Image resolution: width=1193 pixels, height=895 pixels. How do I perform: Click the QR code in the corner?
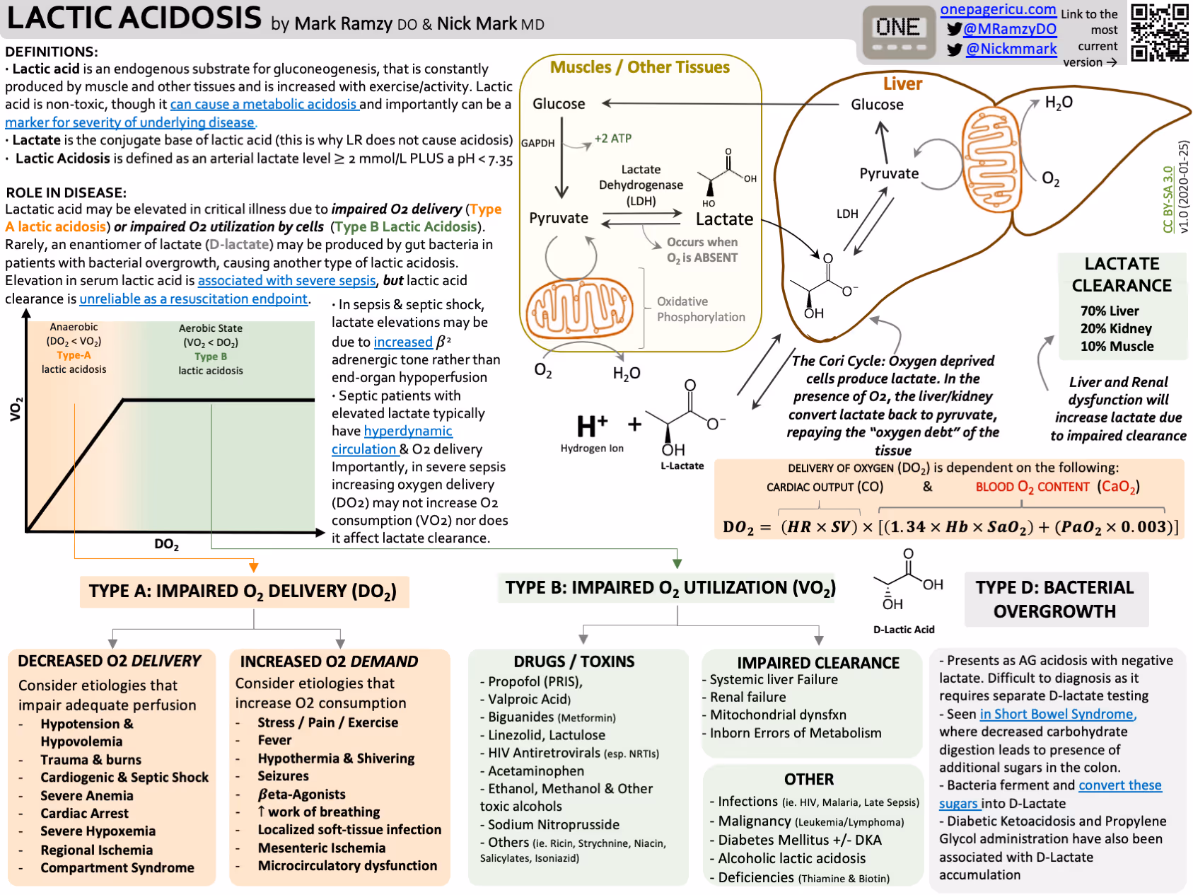(x=1160, y=32)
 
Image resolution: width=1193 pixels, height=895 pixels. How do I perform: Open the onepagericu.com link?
(x=998, y=10)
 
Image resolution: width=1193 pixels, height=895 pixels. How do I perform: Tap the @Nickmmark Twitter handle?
(x=1011, y=49)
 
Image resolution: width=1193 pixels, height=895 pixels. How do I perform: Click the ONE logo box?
(x=898, y=32)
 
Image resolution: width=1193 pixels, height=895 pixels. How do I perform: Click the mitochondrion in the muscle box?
(x=579, y=309)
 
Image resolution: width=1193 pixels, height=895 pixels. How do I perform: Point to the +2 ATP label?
(x=612, y=139)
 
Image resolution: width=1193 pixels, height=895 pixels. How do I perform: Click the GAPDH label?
(x=537, y=143)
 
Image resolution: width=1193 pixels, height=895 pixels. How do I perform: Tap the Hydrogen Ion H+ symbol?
(x=592, y=427)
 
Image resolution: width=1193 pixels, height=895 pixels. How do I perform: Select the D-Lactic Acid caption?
(x=903, y=630)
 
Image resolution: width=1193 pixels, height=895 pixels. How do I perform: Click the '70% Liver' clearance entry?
(x=1109, y=311)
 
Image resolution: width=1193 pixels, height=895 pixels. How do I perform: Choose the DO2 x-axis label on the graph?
(x=166, y=544)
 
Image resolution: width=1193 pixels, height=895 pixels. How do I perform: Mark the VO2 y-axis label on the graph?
(x=16, y=409)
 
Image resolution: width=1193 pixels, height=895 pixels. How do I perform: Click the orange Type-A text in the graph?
(x=74, y=355)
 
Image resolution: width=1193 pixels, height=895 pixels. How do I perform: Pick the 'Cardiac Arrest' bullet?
(x=84, y=814)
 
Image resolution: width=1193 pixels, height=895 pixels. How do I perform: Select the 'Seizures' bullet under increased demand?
(x=283, y=776)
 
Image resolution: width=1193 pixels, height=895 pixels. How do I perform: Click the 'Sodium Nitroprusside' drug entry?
(x=553, y=825)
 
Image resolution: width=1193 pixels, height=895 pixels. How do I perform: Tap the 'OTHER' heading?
(x=808, y=780)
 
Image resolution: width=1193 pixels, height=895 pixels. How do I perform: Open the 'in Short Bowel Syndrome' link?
(x=1057, y=715)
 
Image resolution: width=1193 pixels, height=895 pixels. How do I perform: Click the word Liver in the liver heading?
(x=902, y=84)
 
